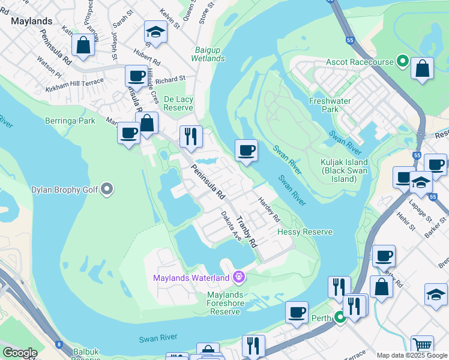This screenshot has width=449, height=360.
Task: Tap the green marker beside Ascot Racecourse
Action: (x=402, y=62)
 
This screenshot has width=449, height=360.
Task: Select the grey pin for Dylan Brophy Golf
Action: (x=107, y=190)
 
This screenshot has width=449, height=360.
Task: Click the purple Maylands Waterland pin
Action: (x=238, y=277)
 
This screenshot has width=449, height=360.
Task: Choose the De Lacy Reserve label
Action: (x=179, y=103)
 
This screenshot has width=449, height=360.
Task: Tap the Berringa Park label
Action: (x=70, y=121)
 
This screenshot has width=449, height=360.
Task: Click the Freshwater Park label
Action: (x=330, y=106)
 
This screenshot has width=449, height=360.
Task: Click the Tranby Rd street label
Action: (x=247, y=232)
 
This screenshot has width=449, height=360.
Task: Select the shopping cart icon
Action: (x=423, y=344)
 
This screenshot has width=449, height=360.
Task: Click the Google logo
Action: (x=20, y=353)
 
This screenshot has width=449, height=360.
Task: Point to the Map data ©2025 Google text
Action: (x=411, y=355)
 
